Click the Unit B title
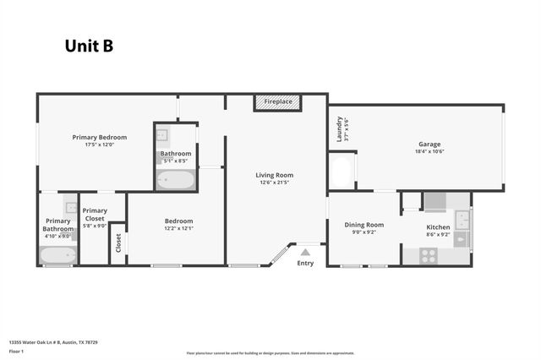point(89,46)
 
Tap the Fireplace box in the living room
point(277,102)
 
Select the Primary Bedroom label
point(100,137)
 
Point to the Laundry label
point(339,128)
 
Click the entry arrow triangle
point(305,251)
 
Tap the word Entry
point(305,263)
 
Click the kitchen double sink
point(462,220)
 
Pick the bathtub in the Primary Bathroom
point(58,254)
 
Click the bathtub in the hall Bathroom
point(176,180)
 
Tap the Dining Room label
point(364,225)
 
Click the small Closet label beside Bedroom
point(117,243)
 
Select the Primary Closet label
point(95,215)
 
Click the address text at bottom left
point(53,342)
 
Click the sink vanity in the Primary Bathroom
point(72,207)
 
